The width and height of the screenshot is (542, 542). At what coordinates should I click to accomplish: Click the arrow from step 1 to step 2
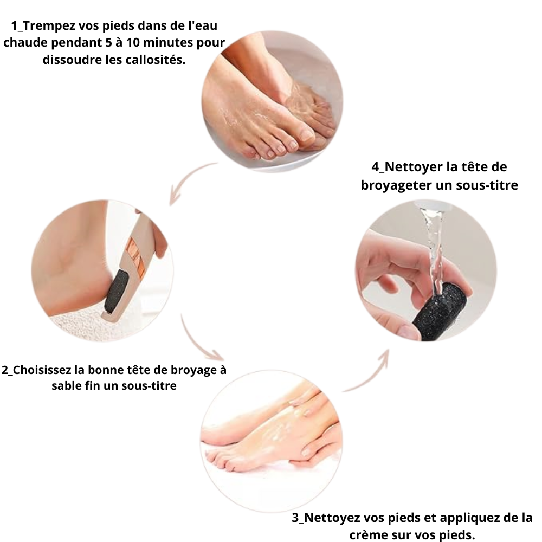[188, 182]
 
